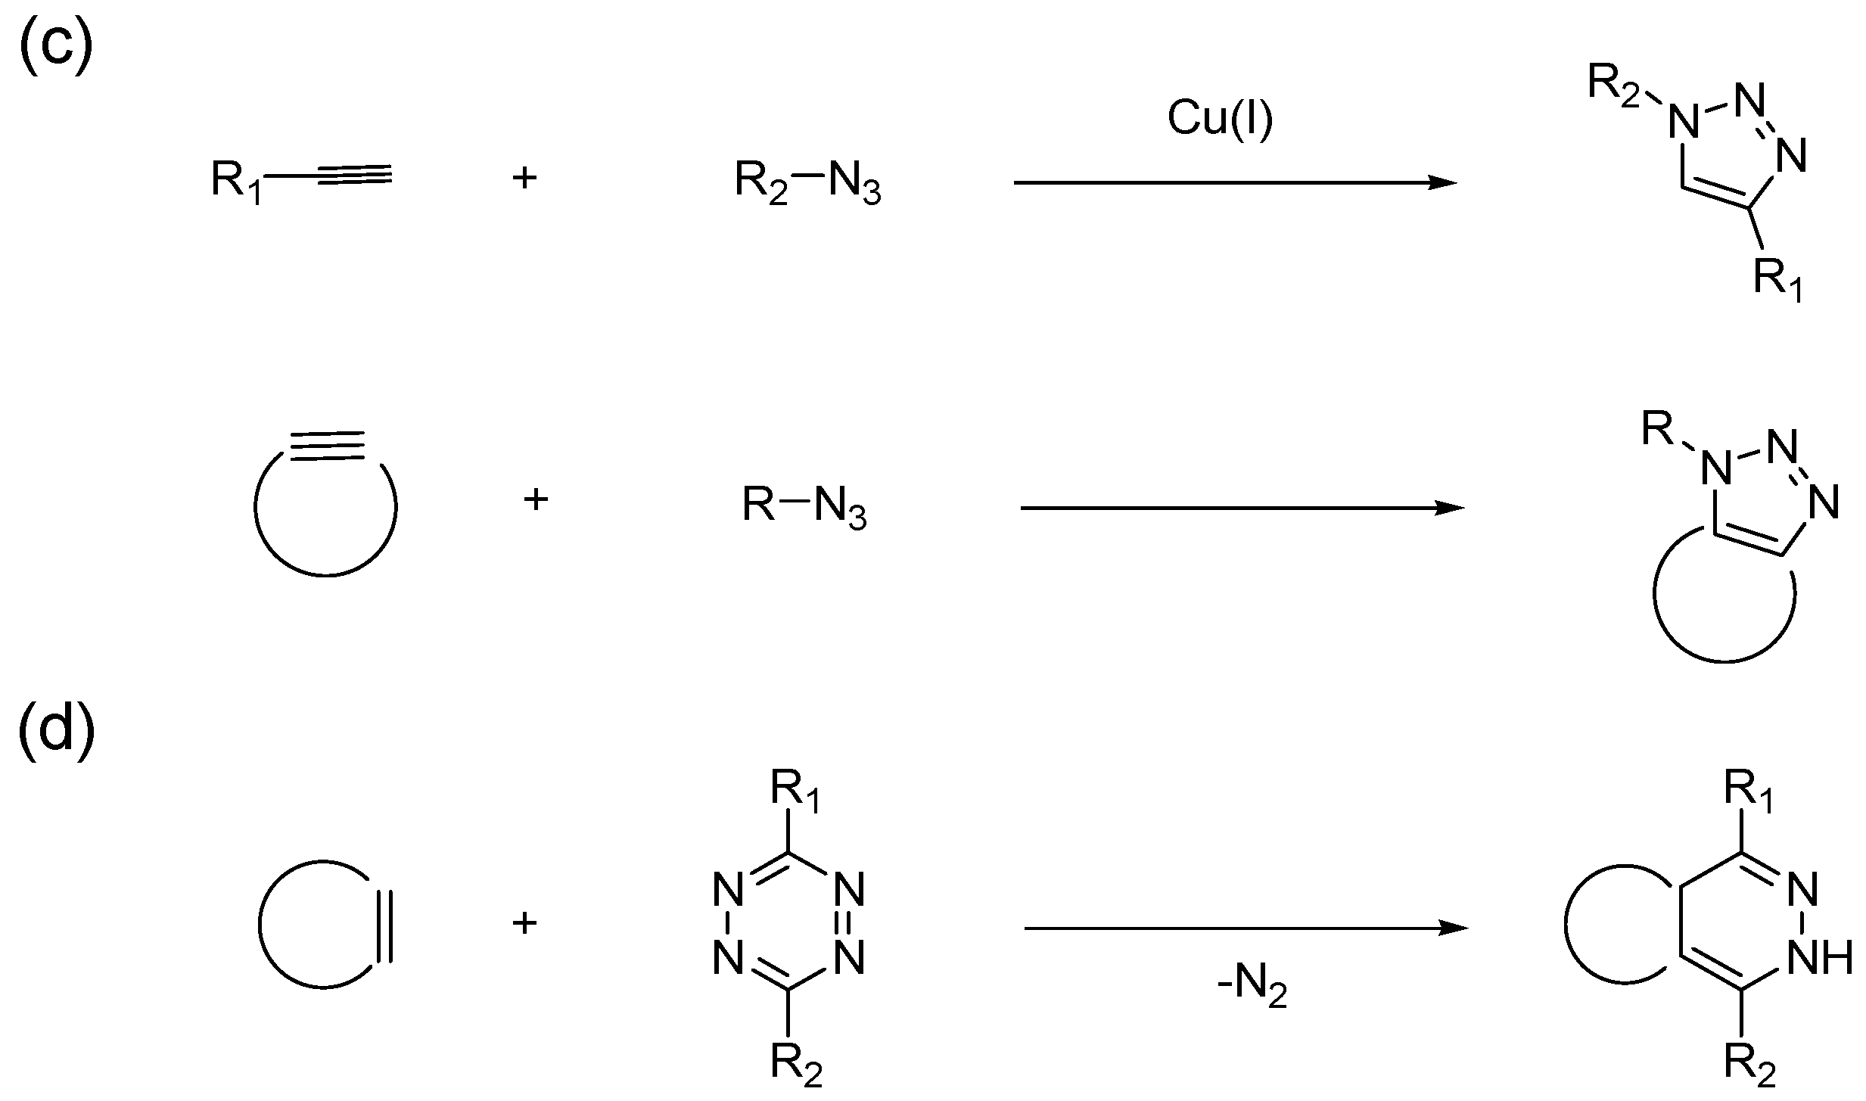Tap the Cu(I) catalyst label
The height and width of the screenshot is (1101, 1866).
click(x=1220, y=119)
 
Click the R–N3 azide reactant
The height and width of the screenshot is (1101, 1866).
click(x=804, y=507)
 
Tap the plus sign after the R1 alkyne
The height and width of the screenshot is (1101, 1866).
click(x=524, y=179)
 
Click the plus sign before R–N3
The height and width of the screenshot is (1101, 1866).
click(x=536, y=499)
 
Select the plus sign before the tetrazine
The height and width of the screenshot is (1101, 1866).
click(x=524, y=923)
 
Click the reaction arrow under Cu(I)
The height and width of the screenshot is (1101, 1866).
click(x=1233, y=182)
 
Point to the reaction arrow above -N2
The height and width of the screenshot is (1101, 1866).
click(x=1245, y=928)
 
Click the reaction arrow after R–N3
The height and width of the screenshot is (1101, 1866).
click(x=1241, y=508)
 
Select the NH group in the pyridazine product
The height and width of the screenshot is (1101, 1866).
click(x=1820, y=959)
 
